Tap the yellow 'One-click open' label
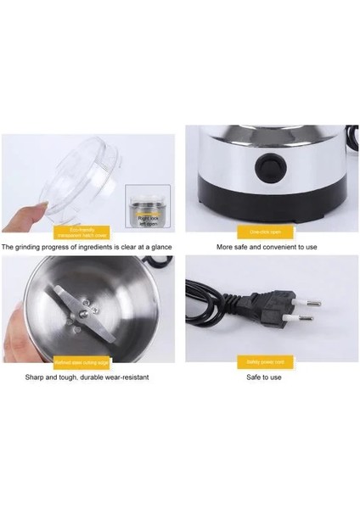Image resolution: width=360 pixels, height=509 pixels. click(x=269, y=231)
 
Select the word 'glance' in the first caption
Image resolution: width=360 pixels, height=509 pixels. click(x=159, y=247)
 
